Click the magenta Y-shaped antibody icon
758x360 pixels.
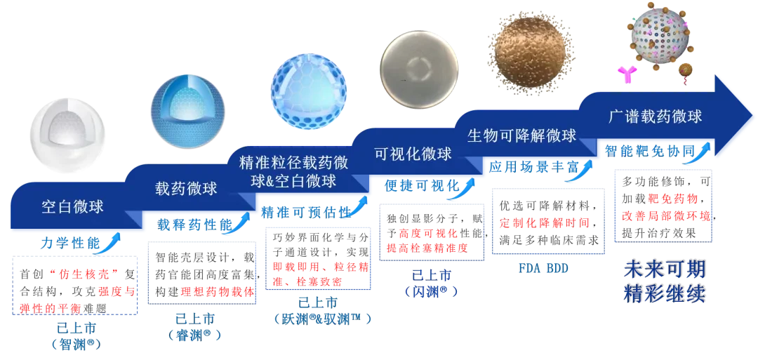coord(627,74)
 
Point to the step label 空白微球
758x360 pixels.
coord(72,207)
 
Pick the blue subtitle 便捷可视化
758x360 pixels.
coord(422,185)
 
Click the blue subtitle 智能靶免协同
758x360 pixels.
coord(650,152)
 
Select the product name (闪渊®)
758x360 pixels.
coord(431,293)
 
